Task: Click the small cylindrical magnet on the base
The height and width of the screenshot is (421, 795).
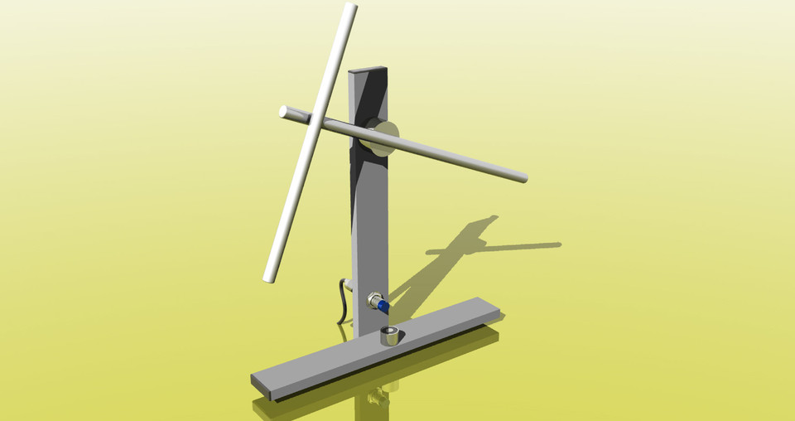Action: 389,336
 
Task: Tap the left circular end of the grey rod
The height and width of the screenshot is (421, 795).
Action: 283,110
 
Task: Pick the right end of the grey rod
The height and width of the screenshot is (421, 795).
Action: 523,177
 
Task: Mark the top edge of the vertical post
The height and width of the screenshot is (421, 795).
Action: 368,70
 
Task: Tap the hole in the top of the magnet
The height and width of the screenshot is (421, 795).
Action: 389,333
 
